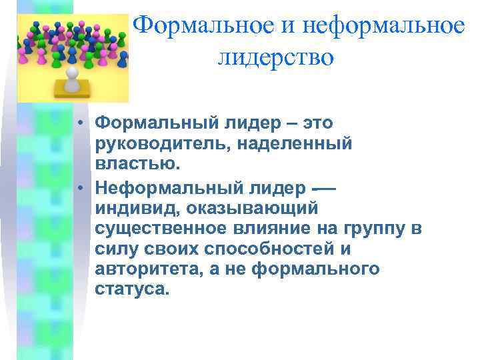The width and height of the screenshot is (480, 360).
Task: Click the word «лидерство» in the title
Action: coord(275,57)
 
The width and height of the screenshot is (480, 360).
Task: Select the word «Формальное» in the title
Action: coord(203,25)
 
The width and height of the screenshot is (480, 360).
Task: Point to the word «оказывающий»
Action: coord(248,210)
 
